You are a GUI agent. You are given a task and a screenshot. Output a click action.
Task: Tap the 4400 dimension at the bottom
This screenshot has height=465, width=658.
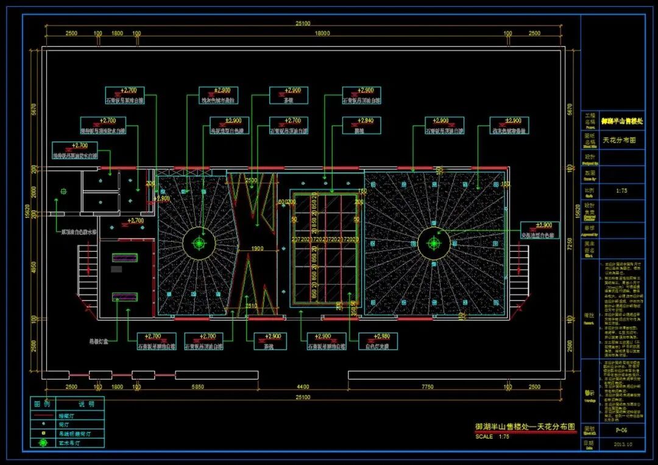(303, 387)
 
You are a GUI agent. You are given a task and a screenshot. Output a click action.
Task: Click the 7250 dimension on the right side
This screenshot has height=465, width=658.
(570, 244)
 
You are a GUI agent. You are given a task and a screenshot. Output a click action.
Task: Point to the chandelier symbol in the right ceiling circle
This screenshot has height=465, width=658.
(434, 243)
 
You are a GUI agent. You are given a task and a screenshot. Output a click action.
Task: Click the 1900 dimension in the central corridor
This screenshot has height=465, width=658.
(256, 249)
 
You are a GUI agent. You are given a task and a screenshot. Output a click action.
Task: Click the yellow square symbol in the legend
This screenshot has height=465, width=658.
(43, 433)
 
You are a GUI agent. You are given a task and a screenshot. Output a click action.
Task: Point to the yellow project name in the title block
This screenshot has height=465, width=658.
(621, 121)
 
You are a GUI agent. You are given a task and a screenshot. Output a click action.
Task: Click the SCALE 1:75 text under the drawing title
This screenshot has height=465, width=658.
(492, 436)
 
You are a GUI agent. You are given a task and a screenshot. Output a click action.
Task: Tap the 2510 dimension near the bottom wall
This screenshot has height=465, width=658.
(252, 306)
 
